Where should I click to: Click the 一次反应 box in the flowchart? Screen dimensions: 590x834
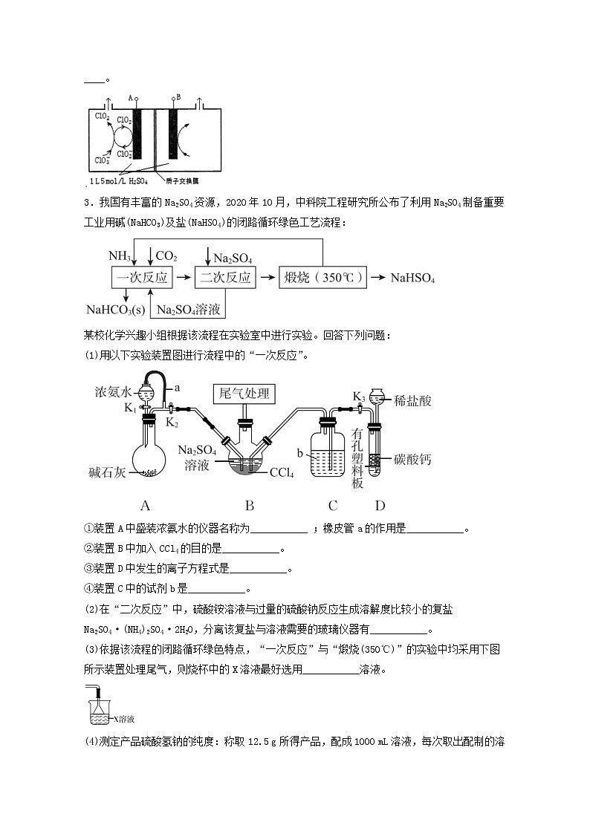[x=141, y=278]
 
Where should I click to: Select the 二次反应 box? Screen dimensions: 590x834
[x=225, y=278]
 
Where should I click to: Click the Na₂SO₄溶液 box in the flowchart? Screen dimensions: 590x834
[x=188, y=308]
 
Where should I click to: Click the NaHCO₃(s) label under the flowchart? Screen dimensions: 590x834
[x=116, y=309]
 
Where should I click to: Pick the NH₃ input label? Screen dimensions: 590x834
[x=119, y=256]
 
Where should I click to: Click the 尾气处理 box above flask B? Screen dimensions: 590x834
[x=241, y=393]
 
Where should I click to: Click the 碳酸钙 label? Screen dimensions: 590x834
[x=413, y=460]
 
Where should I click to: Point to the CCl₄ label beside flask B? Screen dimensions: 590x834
[x=283, y=472]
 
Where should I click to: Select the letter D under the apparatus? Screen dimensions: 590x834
[x=380, y=506]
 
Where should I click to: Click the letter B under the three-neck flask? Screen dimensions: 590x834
[x=250, y=506]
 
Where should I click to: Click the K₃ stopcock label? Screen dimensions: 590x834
[x=358, y=396]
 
